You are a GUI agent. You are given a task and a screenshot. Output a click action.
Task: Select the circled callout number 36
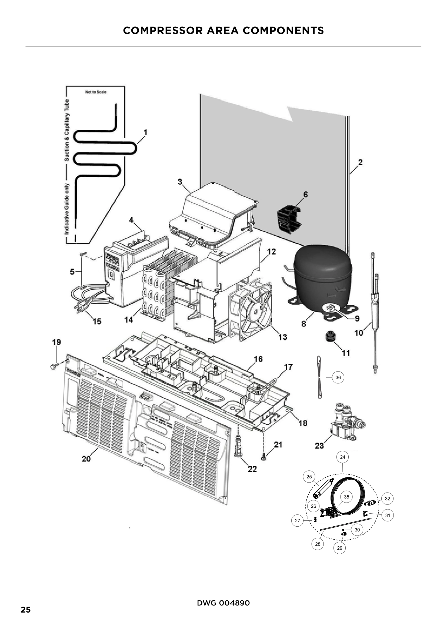[x=338, y=377]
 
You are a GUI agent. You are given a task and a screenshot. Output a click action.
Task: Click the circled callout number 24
[x=342, y=457]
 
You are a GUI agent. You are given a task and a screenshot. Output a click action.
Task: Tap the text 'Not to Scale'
[x=95, y=92]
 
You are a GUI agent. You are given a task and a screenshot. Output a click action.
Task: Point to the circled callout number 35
[x=346, y=497]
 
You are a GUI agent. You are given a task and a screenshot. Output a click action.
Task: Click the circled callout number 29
[x=339, y=548]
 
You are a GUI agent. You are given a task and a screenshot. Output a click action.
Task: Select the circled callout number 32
[x=387, y=499]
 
